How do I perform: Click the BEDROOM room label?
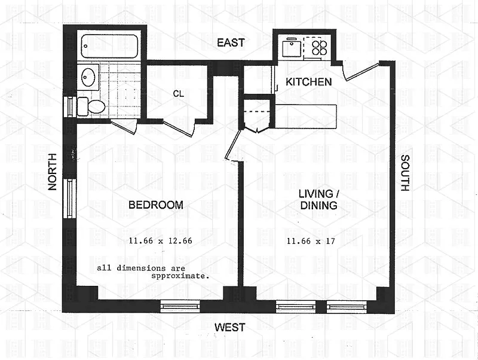tap(156, 205)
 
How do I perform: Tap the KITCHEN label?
tap(308, 82)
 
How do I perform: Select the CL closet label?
tap(178, 94)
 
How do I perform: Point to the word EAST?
tap(231, 42)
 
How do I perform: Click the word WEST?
tap(230, 327)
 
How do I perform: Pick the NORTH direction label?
tap(53, 172)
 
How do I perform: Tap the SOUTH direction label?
tap(405, 173)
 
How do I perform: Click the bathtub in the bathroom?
tap(109, 46)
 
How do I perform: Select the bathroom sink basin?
tap(88, 77)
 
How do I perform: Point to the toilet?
tap(91, 106)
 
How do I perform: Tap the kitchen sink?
tap(291, 48)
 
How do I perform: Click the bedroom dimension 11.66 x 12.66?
tap(160, 241)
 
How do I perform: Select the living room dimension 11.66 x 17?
tap(311, 242)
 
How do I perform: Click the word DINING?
tap(318, 205)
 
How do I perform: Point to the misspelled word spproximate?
tap(180, 276)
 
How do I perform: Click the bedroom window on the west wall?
tap(180, 306)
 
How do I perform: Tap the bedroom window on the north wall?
tap(69, 199)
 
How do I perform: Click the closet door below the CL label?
tap(179, 129)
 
